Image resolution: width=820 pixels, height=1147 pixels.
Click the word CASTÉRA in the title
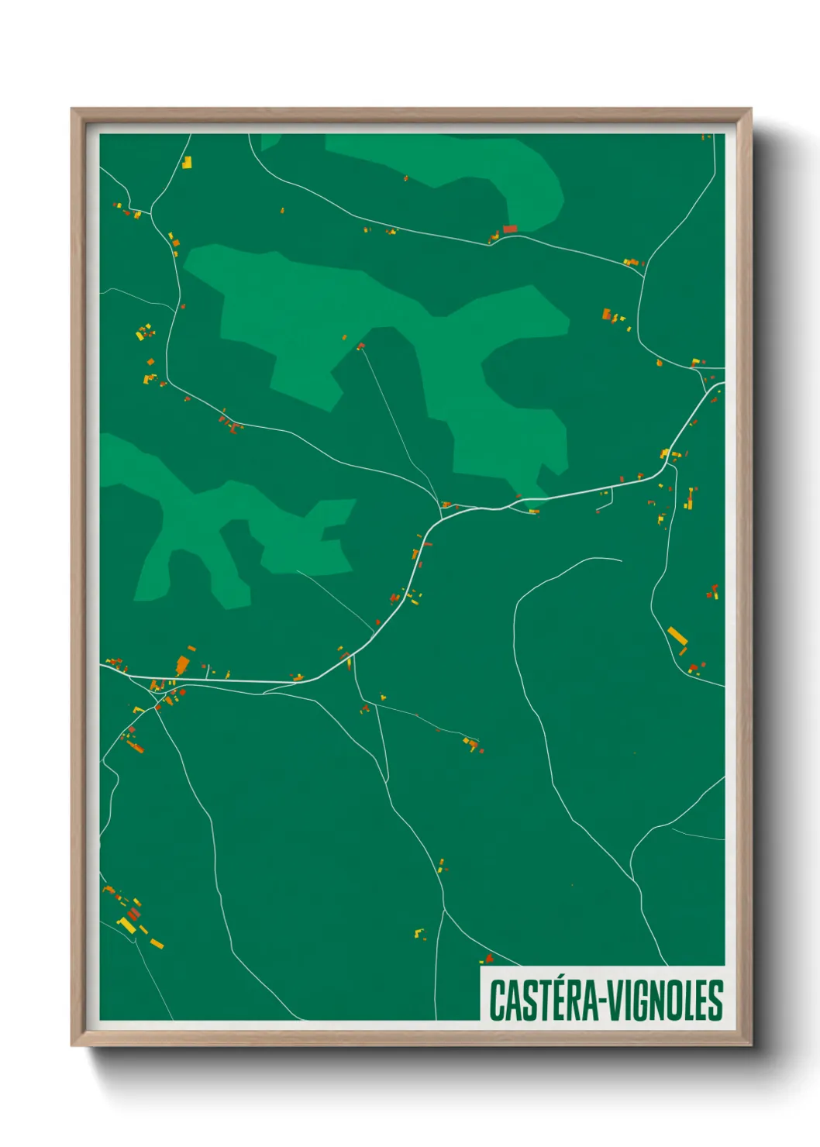tap(543, 1000)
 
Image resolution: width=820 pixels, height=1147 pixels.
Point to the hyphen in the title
tap(601, 1001)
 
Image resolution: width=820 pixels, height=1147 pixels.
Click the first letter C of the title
tap(496, 1000)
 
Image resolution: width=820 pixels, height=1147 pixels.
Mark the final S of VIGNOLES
tap(715, 1000)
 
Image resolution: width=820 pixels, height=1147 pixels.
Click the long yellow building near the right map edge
tap(677, 636)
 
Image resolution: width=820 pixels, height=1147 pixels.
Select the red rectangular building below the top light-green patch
tap(509, 229)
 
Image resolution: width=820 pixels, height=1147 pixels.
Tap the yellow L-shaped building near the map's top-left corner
tap(186, 163)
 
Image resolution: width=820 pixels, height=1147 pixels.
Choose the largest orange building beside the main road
tap(182, 665)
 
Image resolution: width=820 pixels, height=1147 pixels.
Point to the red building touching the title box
tap(488, 959)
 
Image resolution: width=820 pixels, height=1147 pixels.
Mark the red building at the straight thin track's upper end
tap(360, 346)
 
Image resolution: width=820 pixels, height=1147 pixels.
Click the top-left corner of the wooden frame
tap(72, 109)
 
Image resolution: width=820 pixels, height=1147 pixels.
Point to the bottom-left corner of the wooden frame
tap(72, 1045)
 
